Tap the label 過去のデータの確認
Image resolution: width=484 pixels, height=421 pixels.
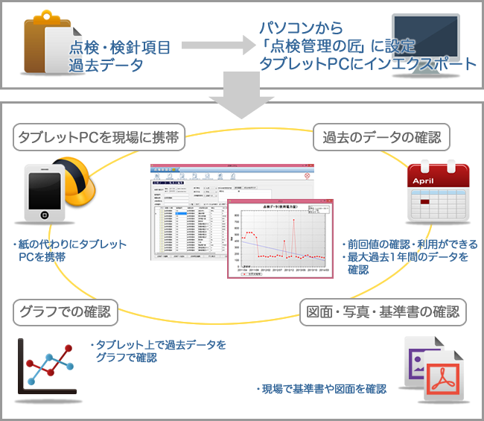[381, 138]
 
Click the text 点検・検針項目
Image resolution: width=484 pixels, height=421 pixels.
[120, 48]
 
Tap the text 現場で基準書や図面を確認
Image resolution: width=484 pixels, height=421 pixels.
[322, 389]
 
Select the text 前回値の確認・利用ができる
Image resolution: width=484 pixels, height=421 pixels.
[409, 244]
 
